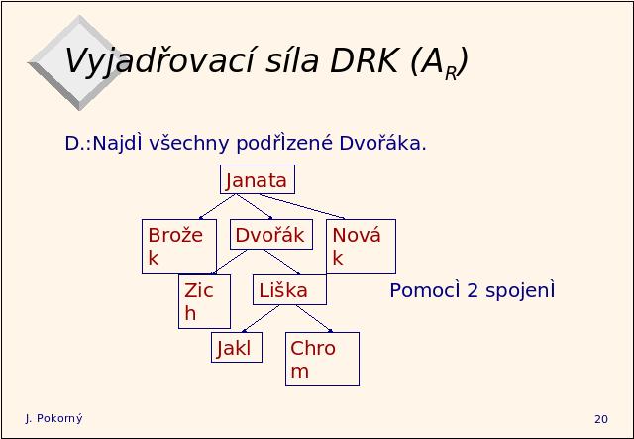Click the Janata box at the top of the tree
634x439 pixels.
(x=258, y=179)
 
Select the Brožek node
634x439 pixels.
(x=179, y=246)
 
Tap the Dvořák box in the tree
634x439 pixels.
(x=271, y=234)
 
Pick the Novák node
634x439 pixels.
(x=361, y=246)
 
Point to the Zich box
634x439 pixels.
(x=205, y=301)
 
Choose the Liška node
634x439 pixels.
(x=289, y=289)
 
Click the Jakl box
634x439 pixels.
(x=237, y=347)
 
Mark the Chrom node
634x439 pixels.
(x=322, y=359)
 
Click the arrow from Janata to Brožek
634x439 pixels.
(x=217, y=207)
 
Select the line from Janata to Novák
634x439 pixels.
(x=301, y=206)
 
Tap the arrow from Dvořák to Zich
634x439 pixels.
(x=229, y=262)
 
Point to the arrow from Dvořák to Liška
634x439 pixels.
(x=282, y=262)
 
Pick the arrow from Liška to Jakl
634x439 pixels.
(x=261, y=318)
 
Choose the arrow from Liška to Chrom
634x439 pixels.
(x=314, y=318)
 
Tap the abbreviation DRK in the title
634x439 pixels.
(x=365, y=61)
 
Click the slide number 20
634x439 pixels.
(x=601, y=419)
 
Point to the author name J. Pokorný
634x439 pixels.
(x=54, y=419)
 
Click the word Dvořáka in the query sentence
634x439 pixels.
(x=382, y=143)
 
